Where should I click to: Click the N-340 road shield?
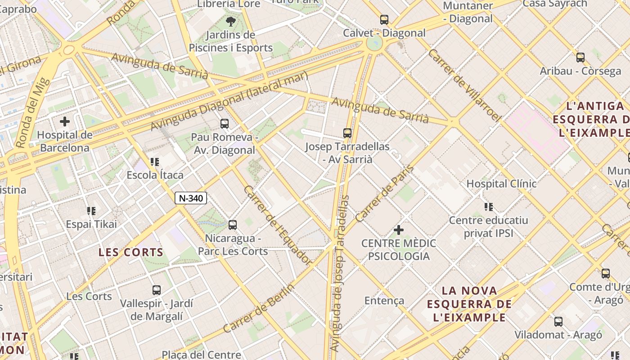[x=191, y=198]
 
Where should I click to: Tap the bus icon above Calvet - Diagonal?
[x=384, y=20]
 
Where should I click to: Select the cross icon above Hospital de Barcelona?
[x=65, y=121]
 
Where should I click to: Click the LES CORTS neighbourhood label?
[x=131, y=252]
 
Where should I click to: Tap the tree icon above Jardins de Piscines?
[x=230, y=21]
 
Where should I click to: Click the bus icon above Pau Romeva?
[x=224, y=124]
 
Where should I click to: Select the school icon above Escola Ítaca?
[x=155, y=162]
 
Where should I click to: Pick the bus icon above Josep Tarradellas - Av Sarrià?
[x=347, y=133]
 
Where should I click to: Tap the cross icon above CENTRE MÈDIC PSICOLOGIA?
[x=398, y=230]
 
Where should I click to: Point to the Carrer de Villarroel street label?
[x=464, y=85]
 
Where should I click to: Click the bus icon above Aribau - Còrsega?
[x=580, y=58]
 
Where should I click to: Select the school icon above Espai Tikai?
[x=91, y=211]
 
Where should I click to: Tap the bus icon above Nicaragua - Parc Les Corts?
[x=233, y=225]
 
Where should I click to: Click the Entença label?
[x=384, y=301]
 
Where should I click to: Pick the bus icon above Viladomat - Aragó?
[x=558, y=321]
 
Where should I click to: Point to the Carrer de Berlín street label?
[x=259, y=308]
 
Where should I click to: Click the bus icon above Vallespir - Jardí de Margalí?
[x=156, y=290]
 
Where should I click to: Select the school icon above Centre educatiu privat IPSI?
[x=488, y=207]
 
